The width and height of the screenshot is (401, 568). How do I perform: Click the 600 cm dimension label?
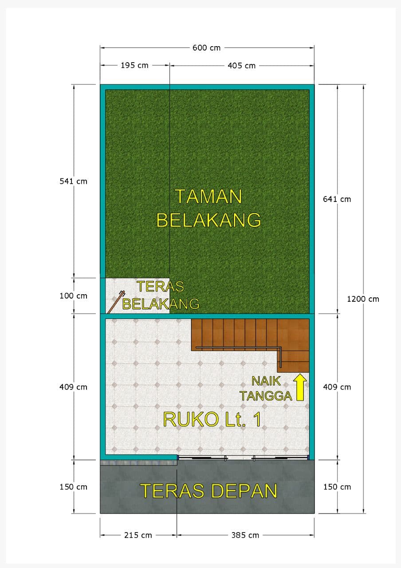click(206, 47)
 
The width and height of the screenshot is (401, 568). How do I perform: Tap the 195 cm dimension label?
click(134, 65)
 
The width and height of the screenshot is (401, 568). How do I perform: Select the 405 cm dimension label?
click(241, 66)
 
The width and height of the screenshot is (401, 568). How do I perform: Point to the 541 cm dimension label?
click(73, 181)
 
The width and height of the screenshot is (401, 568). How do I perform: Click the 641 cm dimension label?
click(337, 199)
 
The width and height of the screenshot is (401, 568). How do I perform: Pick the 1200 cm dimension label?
click(363, 299)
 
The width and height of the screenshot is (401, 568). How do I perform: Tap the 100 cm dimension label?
click(73, 296)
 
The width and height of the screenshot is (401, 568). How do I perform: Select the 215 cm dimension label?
click(138, 535)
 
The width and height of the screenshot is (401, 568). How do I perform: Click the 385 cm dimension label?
click(245, 535)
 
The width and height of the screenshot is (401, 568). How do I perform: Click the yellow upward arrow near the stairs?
click(300, 387)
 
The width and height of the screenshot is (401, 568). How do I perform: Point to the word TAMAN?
click(208, 197)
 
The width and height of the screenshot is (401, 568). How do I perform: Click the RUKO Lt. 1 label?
click(212, 419)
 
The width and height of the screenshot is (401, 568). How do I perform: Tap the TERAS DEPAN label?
click(208, 491)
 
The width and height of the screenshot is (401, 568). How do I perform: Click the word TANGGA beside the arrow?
click(266, 396)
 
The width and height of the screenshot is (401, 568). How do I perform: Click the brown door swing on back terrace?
click(116, 302)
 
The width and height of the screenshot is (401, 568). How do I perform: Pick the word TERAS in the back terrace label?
click(160, 287)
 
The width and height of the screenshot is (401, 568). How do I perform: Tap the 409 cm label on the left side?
click(73, 387)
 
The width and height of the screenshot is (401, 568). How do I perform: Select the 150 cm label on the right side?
click(337, 487)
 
